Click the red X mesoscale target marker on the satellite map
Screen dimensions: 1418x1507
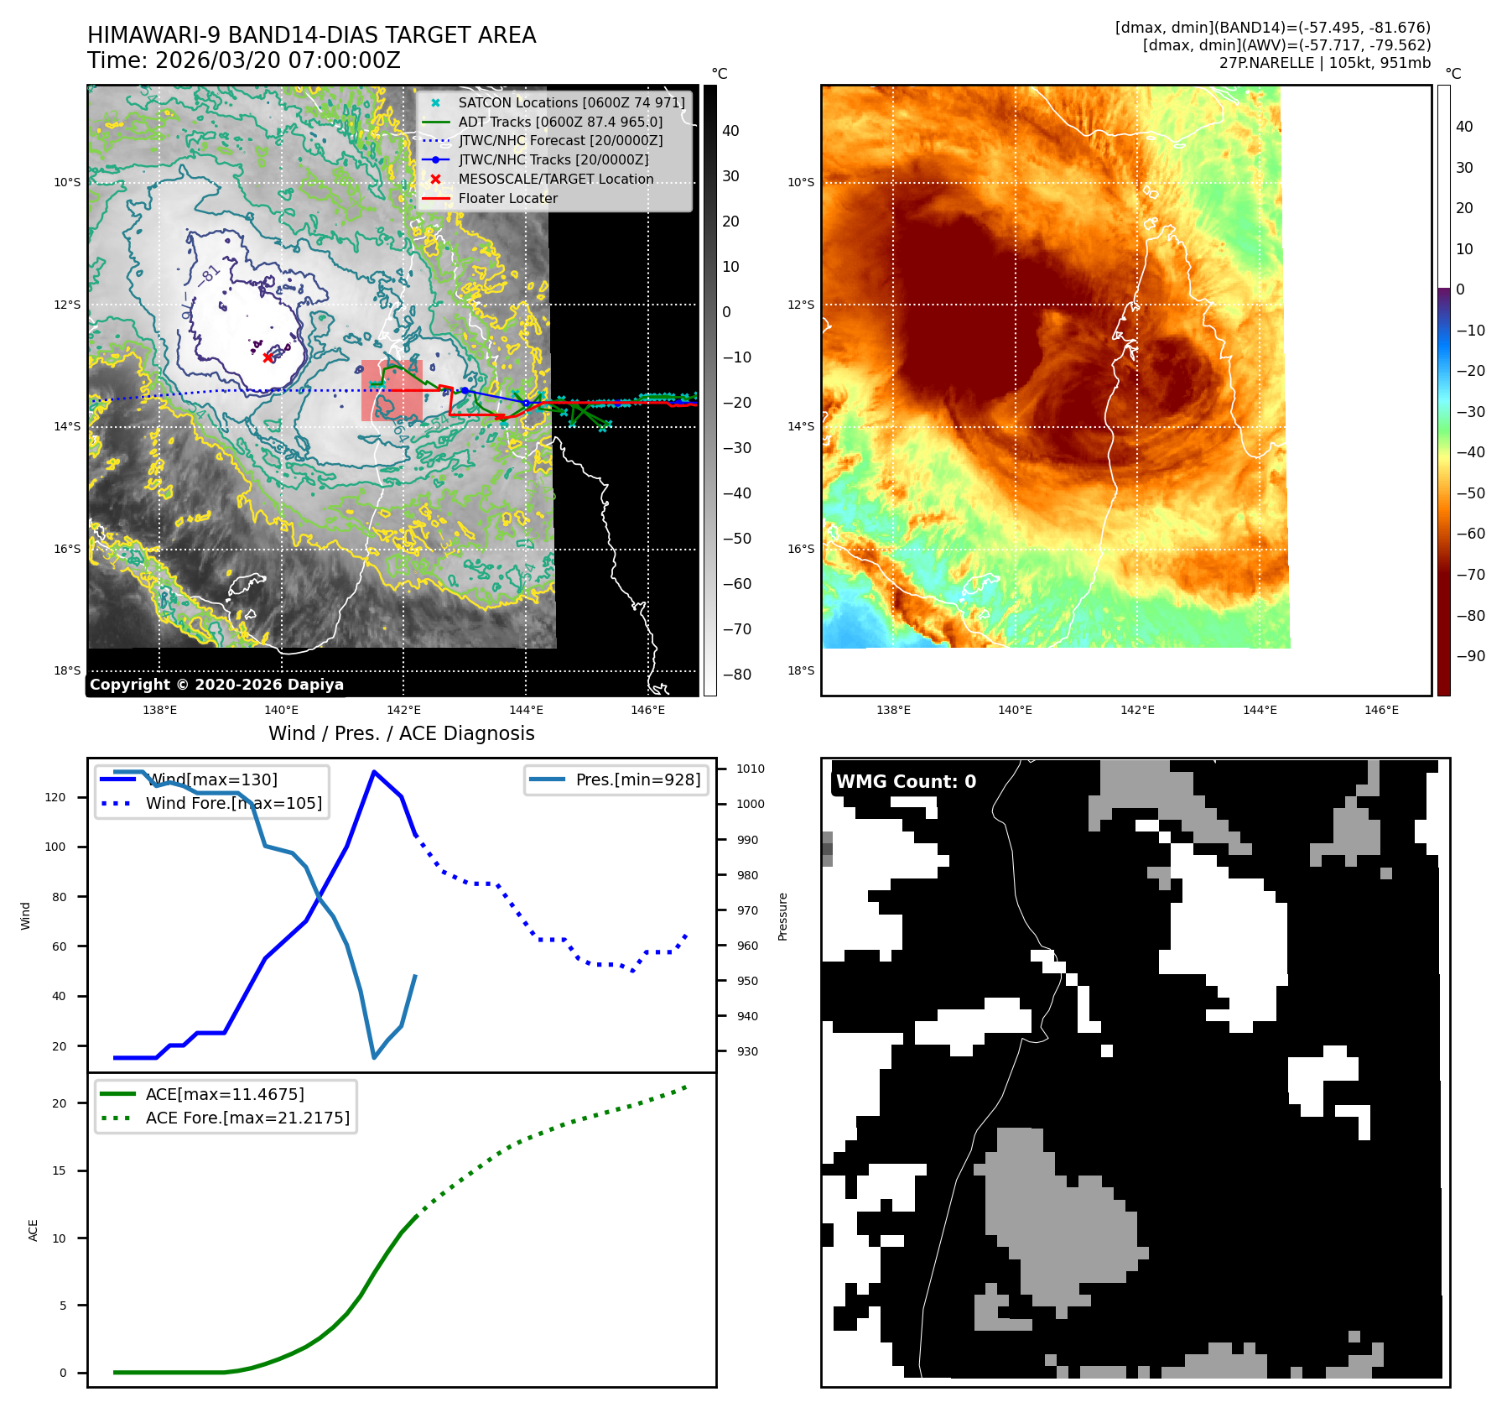coord(268,357)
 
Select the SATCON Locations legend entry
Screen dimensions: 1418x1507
coord(571,102)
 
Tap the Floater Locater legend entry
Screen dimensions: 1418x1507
coord(507,198)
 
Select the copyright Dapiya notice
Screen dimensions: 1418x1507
coord(216,685)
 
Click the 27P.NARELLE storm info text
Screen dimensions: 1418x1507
coord(1325,63)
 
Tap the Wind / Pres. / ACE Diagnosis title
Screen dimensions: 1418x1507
coord(401,733)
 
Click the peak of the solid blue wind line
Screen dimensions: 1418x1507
coord(374,772)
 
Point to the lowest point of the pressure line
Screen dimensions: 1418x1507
coord(374,1057)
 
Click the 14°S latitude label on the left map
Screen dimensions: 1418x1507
coord(68,426)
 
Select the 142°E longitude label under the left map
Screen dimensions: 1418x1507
coord(403,710)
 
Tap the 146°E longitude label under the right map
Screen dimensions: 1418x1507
coord(1381,710)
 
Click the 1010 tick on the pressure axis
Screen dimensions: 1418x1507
coord(751,769)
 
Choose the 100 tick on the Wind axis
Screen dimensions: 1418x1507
coord(55,847)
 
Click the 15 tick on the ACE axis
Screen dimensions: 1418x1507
coord(59,1170)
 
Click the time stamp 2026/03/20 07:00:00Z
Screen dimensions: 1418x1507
coord(278,61)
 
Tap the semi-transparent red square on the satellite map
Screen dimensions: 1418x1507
coord(392,391)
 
